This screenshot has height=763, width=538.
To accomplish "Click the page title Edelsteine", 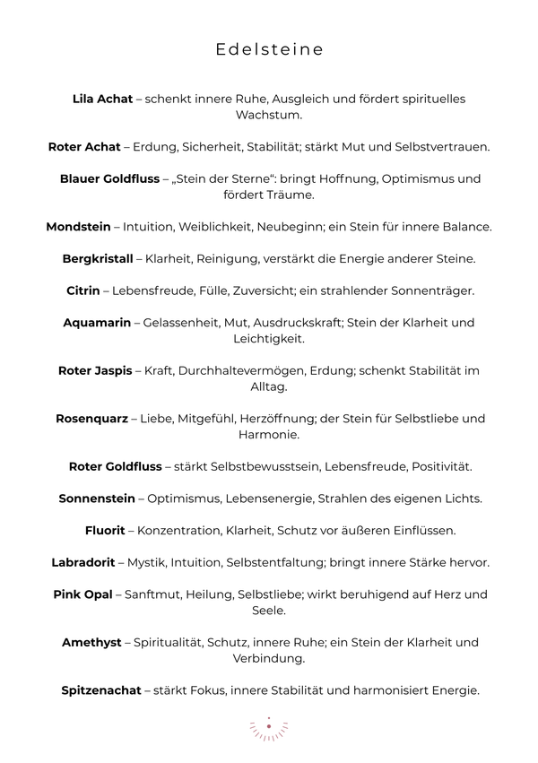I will coord(269,50).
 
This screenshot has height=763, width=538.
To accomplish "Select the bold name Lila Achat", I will coord(102,99).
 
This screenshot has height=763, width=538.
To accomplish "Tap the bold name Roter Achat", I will coord(84,147).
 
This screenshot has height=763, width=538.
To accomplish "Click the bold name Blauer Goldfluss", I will coord(110,178).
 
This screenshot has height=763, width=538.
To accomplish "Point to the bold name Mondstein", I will coord(79,227).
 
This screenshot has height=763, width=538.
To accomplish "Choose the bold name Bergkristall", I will coord(98,258).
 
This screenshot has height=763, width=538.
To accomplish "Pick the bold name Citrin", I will coord(82,290).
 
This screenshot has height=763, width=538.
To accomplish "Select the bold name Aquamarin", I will coord(97,322).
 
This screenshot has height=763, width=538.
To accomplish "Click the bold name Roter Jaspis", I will coord(94,370).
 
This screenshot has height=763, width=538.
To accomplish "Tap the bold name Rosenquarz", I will coord(92,418).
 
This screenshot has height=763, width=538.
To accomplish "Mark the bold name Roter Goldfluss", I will coord(116,466).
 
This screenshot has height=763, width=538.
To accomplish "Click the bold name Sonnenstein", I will coord(97,499).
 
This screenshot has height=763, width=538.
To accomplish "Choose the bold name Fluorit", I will coord(105,530).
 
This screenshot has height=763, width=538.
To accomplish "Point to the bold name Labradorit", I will coord(84,562).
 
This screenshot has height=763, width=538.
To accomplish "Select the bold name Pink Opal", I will coord(82,594).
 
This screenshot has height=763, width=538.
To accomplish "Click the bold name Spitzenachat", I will coord(101,690).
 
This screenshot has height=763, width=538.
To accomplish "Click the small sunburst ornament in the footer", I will coord(268,728).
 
